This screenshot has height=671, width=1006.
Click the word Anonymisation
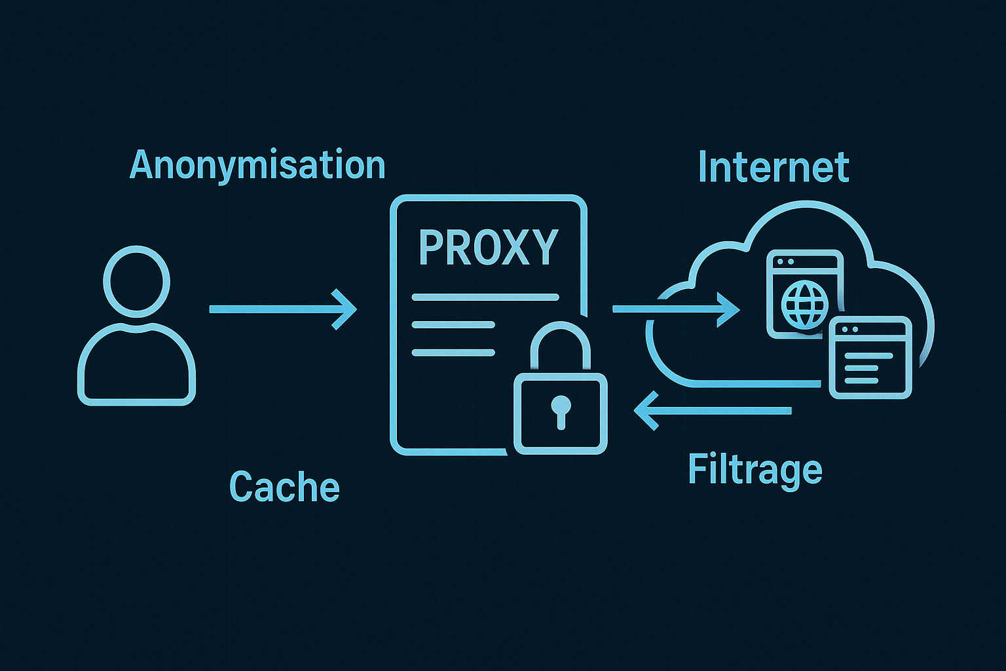pyautogui.click(x=257, y=165)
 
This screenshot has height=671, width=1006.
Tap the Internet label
pyautogui.click(x=773, y=168)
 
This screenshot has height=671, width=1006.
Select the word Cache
pyautogui.click(x=284, y=487)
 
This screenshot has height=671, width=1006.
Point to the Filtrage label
pyautogui.click(x=755, y=470)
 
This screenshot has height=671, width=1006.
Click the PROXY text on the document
pyautogui.click(x=488, y=248)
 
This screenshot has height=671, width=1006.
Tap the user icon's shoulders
pyautogui.click(x=137, y=364)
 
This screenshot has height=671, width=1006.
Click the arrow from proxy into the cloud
pyautogui.click(x=675, y=309)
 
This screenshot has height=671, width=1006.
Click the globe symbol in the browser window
pyautogui.click(x=805, y=305)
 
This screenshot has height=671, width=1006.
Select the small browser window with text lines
pyautogui.click(x=870, y=358)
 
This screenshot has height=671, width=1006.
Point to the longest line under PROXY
pyautogui.click(x=485, y=297)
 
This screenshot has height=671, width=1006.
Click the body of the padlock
pyautogui.click(x=561, y=414)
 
